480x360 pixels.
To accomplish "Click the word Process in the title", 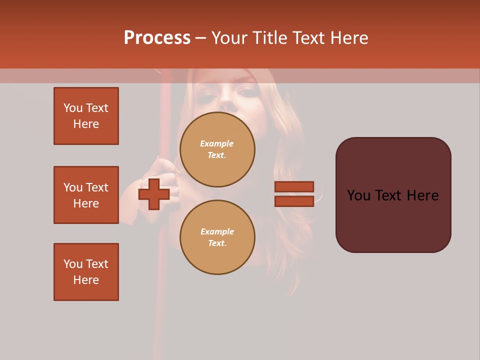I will tap(157, 37).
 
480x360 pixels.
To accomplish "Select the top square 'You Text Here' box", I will tap(86, 116).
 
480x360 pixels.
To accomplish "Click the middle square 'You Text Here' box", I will tap(86, 195).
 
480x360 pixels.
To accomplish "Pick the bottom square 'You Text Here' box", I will tap(86, 272).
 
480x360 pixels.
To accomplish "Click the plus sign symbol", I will tap(154, 194).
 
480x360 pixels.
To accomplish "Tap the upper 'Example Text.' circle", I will tap(217, 149).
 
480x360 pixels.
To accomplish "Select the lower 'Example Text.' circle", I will tap(217, 237).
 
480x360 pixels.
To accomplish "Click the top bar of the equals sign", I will tap(294, 186).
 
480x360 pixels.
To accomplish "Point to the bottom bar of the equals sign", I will tap(294, 201).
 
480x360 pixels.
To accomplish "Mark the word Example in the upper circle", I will tap(217, 143).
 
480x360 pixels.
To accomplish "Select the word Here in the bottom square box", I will tap(86, 280).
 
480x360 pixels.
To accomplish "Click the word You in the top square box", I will tap(72, 108).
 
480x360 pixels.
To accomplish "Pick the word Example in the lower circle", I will tap(217, 231).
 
